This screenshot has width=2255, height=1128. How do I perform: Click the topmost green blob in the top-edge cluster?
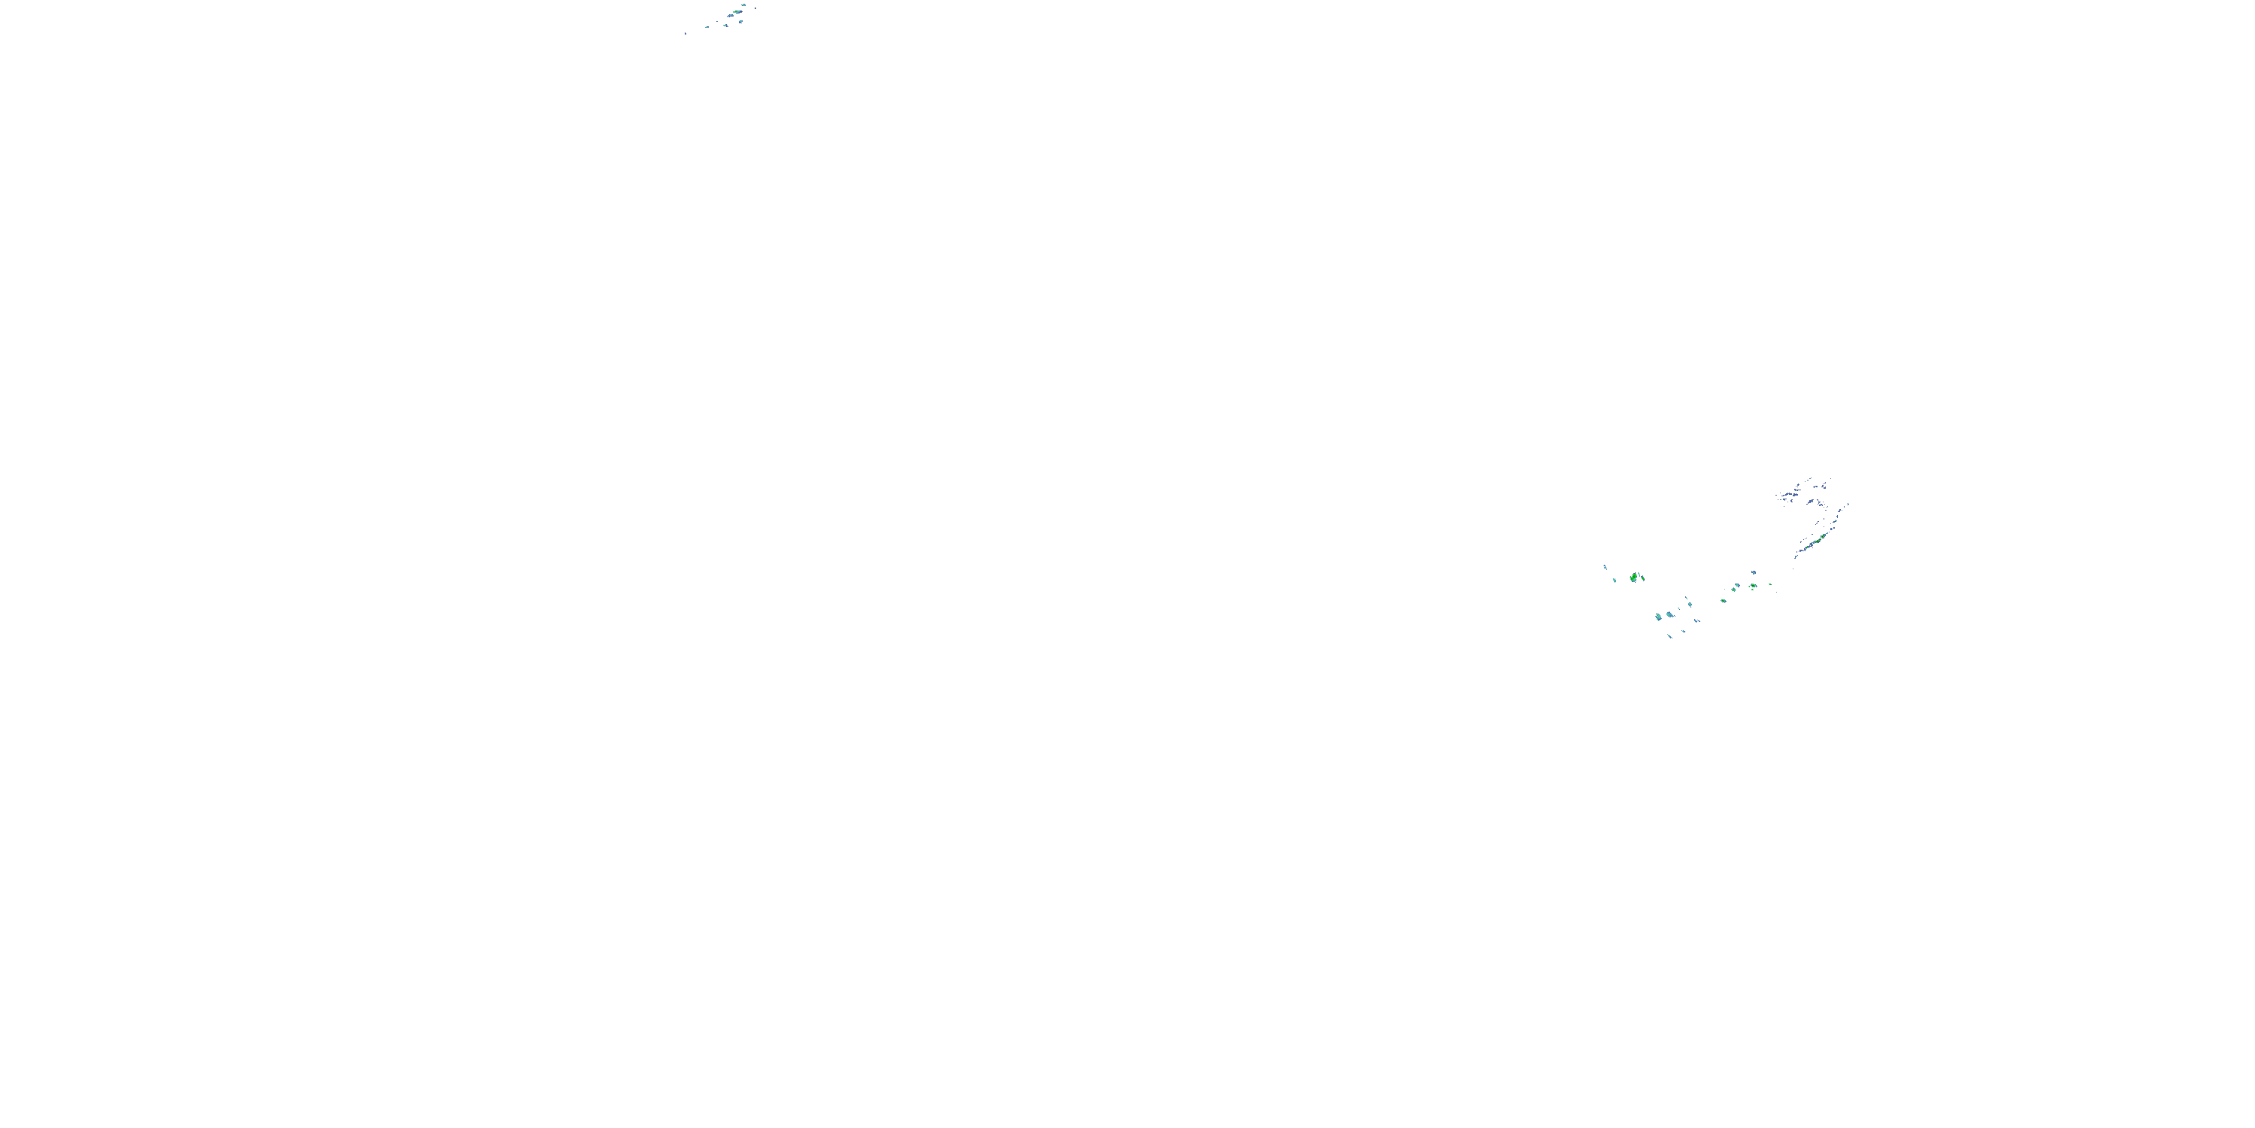point(744,5)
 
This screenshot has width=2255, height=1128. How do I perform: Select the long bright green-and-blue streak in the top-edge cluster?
point(738,12)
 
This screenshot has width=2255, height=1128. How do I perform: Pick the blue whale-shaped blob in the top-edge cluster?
point(731,16)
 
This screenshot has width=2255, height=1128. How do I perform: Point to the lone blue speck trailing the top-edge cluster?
point(686,33)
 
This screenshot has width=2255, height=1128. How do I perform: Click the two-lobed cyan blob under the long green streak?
point(740,22)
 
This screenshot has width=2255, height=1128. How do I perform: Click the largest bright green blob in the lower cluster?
point(1633,578)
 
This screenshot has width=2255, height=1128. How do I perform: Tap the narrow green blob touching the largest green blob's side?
point(1643,579)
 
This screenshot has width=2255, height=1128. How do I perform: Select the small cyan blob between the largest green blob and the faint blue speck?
point(1615,581)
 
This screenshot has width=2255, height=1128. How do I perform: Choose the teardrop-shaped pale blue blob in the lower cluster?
point(1670,616)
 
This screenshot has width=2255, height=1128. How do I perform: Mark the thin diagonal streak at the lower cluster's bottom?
point(1670,637)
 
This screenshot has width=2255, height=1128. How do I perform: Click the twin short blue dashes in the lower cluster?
point(1697,621)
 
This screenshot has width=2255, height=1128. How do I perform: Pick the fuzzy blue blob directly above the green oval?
point(1754,573)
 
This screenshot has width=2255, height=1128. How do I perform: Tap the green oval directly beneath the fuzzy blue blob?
point(1754,586)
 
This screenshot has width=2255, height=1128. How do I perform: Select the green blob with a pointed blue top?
point(1734,590)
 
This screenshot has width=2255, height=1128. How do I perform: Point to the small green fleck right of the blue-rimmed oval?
point(1771,585)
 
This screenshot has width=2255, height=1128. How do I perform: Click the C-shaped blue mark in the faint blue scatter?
point(1792,502)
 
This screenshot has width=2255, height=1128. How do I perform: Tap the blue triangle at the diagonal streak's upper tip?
point(1849,505)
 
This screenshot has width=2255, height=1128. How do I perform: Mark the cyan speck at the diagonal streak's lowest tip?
point(1796,557)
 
